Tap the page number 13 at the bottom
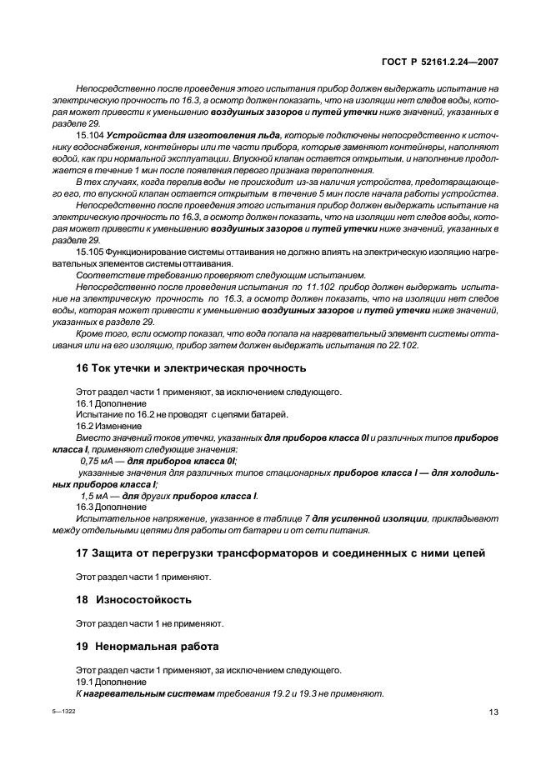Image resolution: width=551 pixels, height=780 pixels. point(493,711)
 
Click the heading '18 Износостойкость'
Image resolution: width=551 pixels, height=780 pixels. point(122,599)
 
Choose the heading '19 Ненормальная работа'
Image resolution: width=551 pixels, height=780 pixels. point(136,646)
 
